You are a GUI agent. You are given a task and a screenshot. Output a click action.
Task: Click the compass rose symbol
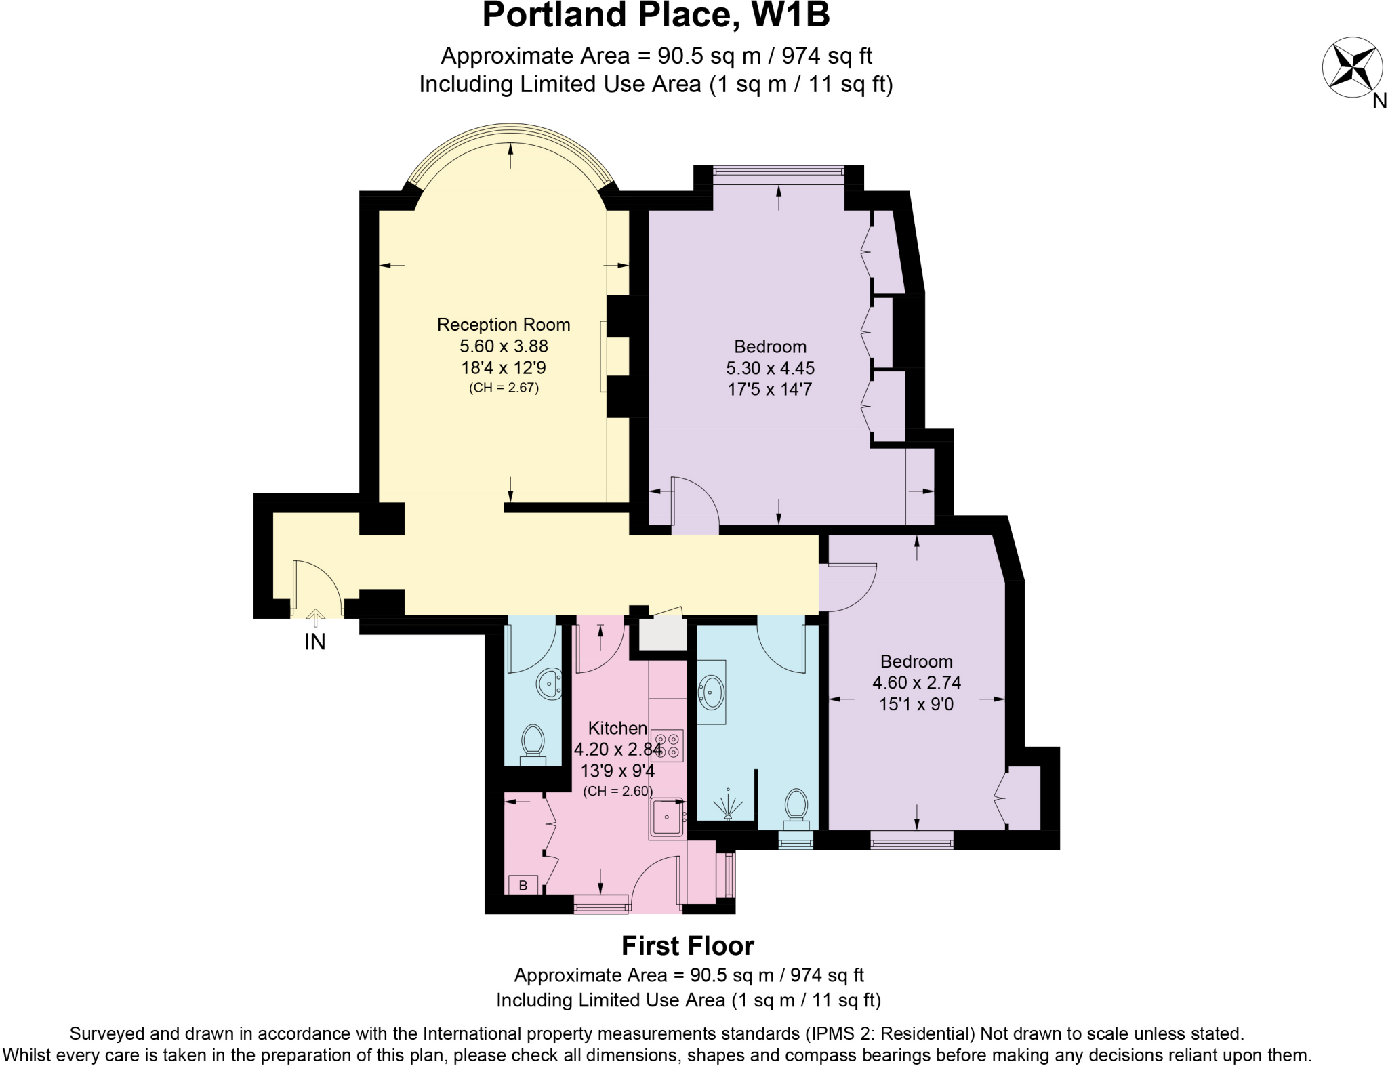[x=1352, y=67]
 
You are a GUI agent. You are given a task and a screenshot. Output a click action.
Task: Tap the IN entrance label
[x=314, y=641]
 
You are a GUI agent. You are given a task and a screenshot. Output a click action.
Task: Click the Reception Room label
[x=504, y=325]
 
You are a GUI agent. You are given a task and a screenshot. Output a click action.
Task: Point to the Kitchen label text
[x=617, y=729]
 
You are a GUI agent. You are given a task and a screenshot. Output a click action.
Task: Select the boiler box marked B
[x=523, y=885]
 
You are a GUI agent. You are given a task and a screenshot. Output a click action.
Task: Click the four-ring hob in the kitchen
[x=667, y=745]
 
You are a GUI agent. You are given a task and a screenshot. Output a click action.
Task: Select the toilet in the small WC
[x=533, y=741]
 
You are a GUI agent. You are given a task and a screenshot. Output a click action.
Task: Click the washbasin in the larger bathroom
[x=712, y=692]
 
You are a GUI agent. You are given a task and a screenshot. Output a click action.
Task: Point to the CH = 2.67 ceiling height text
[x=504, y=388]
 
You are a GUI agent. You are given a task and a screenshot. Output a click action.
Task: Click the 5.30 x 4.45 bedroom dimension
[x=770, y=368]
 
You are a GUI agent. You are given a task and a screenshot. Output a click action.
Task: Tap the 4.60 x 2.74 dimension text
[x=916, y=682]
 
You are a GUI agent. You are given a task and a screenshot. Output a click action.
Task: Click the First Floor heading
[x=687, y=945]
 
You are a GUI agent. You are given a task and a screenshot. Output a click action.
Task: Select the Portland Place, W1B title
[x=655, y=16]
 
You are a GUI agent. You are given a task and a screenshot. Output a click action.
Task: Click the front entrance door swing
[x=317, y=586]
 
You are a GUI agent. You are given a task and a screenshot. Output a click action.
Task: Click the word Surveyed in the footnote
[x=107, y=1033]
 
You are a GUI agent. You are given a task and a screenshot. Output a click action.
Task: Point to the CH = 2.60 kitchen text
[x=617, y=791]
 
